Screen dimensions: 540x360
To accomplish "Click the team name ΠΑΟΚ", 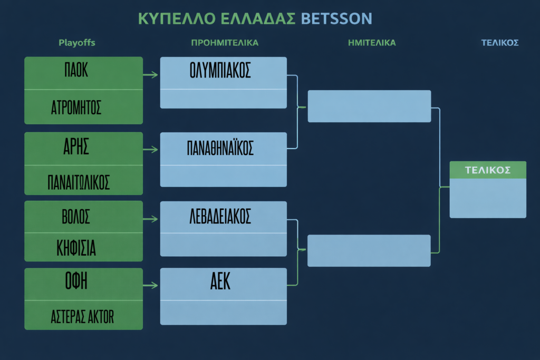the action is point(76,70).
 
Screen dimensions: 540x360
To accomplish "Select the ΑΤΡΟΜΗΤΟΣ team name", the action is point(76,108).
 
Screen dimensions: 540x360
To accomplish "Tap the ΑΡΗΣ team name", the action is point(76,147).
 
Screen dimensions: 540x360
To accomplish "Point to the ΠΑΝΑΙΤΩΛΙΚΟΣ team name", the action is point(79,182).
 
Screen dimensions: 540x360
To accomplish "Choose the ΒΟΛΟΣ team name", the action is point(76,217).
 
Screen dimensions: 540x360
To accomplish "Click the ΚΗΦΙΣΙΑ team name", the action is point(76,248).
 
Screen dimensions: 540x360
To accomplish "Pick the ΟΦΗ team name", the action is point(76,280).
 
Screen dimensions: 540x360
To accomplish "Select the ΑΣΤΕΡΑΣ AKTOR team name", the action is point(82,317).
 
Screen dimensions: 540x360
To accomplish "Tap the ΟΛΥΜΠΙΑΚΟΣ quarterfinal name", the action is point(220,71).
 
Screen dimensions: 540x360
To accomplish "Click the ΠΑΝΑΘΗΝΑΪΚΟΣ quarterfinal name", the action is point(220,148).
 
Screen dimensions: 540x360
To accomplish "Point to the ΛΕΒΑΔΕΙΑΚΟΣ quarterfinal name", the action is point(220,217).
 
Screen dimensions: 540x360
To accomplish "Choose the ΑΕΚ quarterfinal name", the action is point(220,281).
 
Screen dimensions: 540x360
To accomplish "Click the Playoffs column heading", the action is point(77,43).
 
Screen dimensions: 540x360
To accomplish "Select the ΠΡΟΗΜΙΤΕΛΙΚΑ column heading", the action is point(225,43).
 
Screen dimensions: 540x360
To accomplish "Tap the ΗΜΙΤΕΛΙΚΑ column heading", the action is point(372,43).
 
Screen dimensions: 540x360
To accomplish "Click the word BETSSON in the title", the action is point(336,18).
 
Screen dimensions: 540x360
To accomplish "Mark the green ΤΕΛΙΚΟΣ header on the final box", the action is point(488,170).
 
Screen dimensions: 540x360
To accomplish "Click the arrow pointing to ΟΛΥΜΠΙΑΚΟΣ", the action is point(150,75).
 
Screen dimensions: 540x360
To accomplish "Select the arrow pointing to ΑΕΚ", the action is point(150,285).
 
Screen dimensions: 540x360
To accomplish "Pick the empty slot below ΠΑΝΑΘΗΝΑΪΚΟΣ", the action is point(224,176).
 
